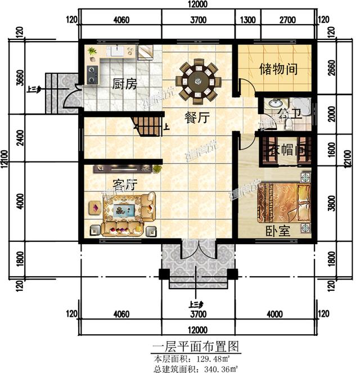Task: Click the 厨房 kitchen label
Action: [124, 84]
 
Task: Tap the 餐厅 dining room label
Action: [197, 118]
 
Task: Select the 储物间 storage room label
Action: [278, 70]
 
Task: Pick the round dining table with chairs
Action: [198, 81]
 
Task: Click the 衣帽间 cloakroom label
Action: [286, 151]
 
